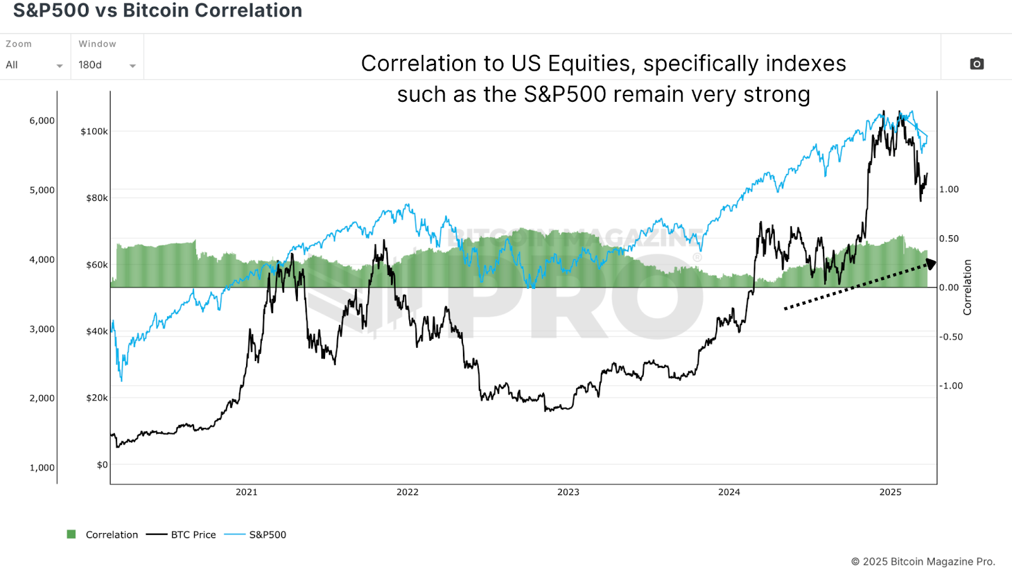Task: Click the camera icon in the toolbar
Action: [977, 64]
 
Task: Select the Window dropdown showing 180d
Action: [106, 65]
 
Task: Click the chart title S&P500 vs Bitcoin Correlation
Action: [157, 11]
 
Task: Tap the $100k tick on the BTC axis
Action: [94, 132]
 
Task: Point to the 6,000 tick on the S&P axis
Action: [42, 121]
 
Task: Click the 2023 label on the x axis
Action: [568, 492]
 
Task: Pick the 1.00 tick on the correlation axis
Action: [949, 189]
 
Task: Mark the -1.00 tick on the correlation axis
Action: [950, 386]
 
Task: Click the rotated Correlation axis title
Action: [966, 287]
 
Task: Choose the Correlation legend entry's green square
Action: [71, 534]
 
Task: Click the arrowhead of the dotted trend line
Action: [931, 263]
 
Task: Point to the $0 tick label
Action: [102, 465]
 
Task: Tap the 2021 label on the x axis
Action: [247, 492]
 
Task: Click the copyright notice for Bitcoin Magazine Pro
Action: [923, 561]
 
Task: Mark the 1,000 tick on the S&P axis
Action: [42, 468]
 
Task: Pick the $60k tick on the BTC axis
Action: [97, 265]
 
